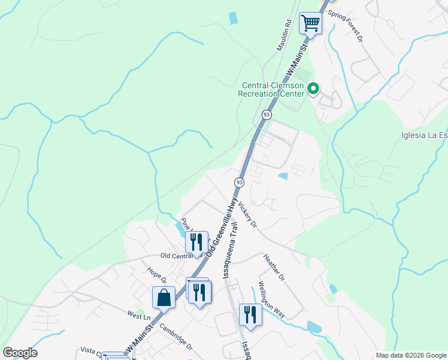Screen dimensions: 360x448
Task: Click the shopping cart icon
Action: [311, 23]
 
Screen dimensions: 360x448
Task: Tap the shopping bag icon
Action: [164, 297]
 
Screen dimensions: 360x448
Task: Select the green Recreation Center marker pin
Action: [313, 89]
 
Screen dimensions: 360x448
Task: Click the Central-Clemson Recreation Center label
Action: [271, 89]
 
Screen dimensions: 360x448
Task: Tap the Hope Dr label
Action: [156, 274]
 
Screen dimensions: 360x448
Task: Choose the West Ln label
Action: [138, 316]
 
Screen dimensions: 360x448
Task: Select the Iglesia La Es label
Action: [424, 135]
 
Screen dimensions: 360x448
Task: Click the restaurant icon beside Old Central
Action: [196, 242]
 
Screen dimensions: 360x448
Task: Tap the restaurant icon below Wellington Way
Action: [250, 314]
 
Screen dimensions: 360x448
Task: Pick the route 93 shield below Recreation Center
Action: [267, 114]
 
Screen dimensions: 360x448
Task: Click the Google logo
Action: [20, 353]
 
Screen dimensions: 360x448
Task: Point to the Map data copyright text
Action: [411, 355]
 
